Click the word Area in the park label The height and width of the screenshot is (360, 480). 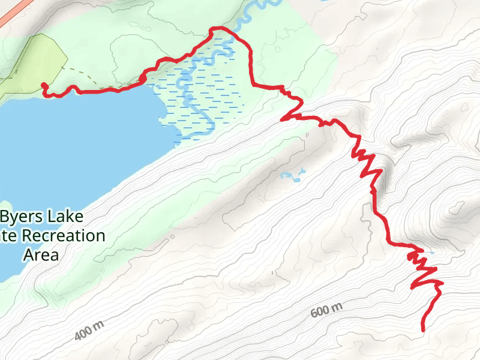pos(41,254)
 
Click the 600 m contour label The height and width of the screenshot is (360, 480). pos(327,311)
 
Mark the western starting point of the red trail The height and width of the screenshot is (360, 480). pos(43,85)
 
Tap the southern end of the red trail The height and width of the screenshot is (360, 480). pos(423,329)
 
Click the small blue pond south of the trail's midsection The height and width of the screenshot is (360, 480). pos(292,176)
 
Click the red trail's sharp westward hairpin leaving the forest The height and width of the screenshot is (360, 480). pos(283,119)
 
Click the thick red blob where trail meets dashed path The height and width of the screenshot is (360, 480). pos(143,79)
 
